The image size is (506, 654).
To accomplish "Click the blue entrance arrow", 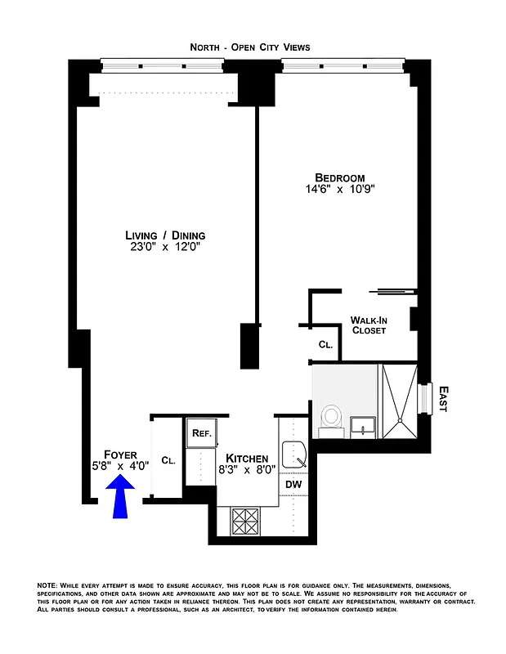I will pos(121,498).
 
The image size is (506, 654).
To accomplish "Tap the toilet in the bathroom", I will pos(331,416).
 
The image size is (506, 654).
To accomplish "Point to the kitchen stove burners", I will pos(246,519).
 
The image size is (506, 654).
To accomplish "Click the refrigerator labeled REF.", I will pos(201,434).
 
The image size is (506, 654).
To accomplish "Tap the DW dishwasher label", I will pos(293,485).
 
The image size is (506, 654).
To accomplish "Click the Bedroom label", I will pos(340,178).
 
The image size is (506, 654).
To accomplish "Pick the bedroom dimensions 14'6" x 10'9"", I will pos(340,191).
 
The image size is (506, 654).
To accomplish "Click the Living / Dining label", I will pos(159,235).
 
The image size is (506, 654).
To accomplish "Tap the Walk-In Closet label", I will pos(368,325).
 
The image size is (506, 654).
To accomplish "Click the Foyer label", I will pos(120,454).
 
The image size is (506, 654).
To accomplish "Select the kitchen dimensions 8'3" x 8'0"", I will pos(246,470).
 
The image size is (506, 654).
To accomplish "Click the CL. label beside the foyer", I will pos(169,460).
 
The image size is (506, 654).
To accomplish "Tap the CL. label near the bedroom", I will pos(325,346).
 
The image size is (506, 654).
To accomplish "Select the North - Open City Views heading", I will pos(250,47).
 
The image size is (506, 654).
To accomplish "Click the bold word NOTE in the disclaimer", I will pos(47,586).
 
